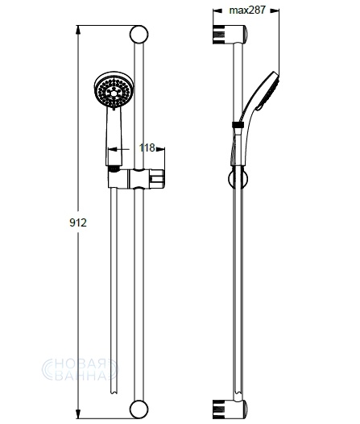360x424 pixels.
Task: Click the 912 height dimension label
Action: coord(78,222)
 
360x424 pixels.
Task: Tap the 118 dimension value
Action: coord(147,148)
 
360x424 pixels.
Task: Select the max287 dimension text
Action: coord(247,10)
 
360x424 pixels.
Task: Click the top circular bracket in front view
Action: coord(139,35)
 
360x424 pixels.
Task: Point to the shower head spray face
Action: coord(114,91)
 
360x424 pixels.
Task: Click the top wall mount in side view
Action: coord(230,35)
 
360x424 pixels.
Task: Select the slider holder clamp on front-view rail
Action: coord(136,178)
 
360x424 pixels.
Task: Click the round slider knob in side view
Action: coord(238,179)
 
